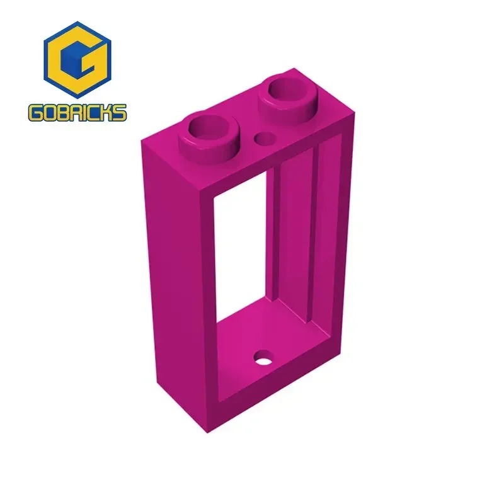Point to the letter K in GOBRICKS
pos(108,113)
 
